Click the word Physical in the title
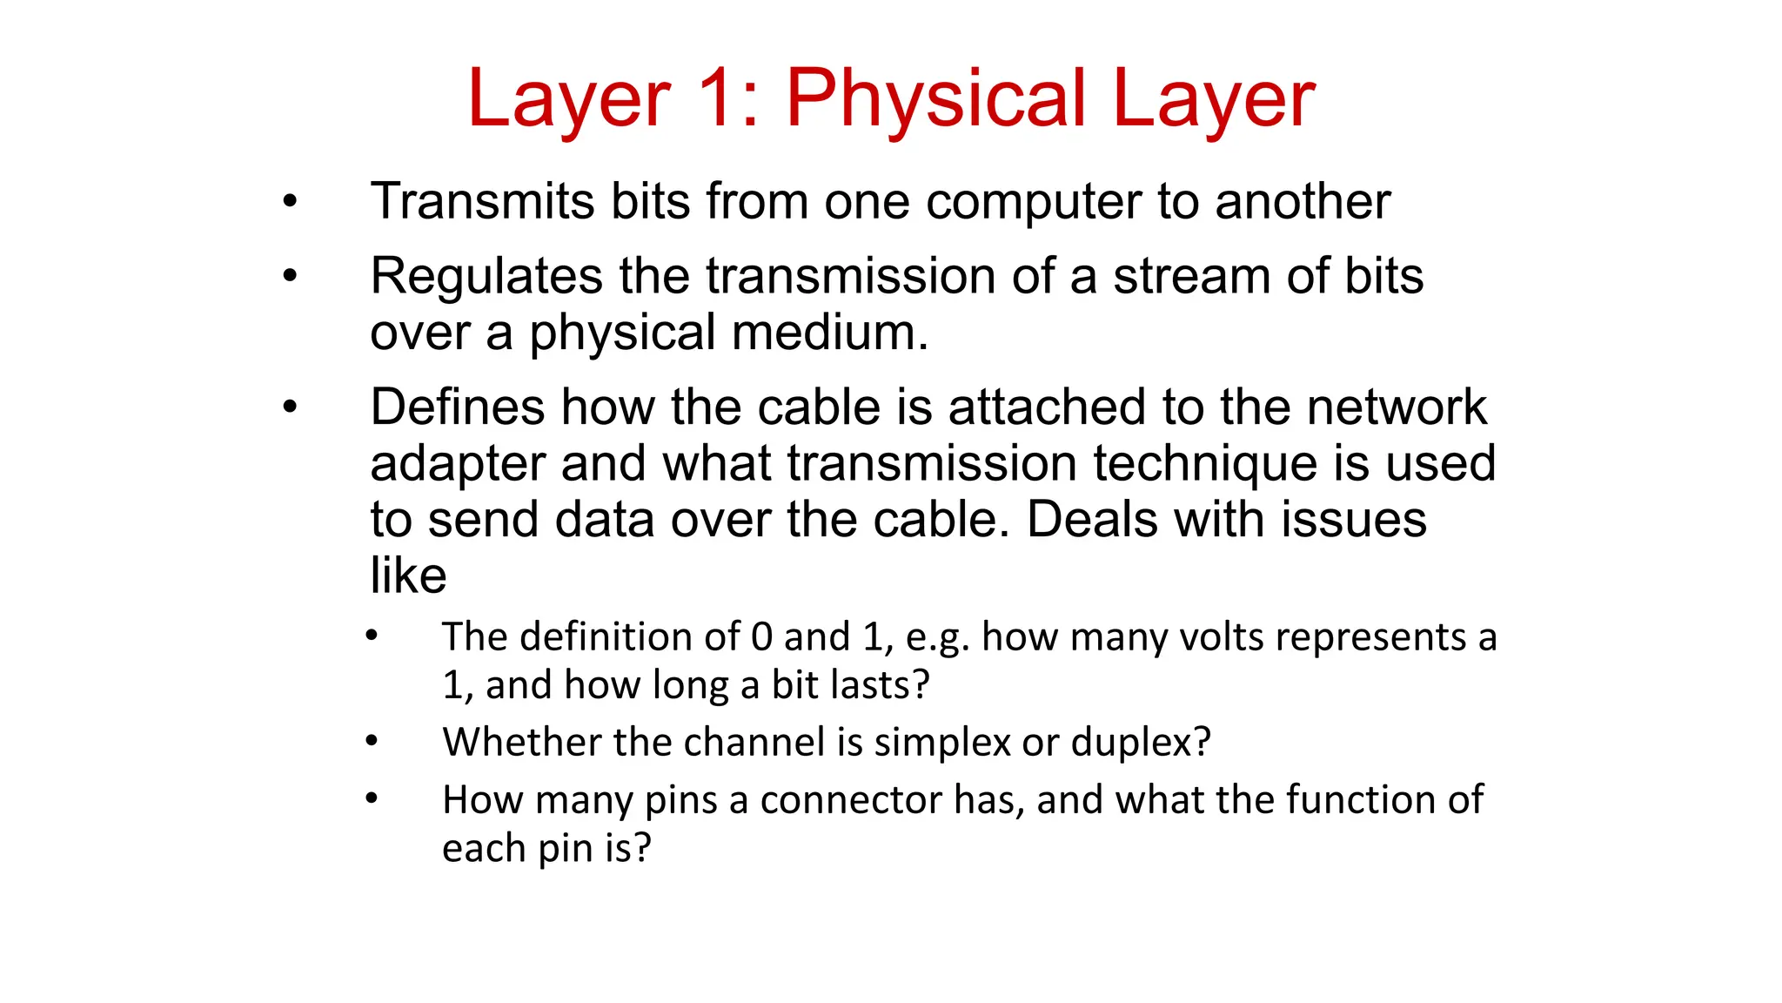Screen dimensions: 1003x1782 [x=936, y=99]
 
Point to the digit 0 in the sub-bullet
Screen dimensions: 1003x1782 [x=761, y=637]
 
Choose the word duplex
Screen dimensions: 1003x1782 [x=1140, y=743]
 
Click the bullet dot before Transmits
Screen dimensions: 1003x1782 [x=290, y=203]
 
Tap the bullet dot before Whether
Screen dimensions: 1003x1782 [x=372, y=742]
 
